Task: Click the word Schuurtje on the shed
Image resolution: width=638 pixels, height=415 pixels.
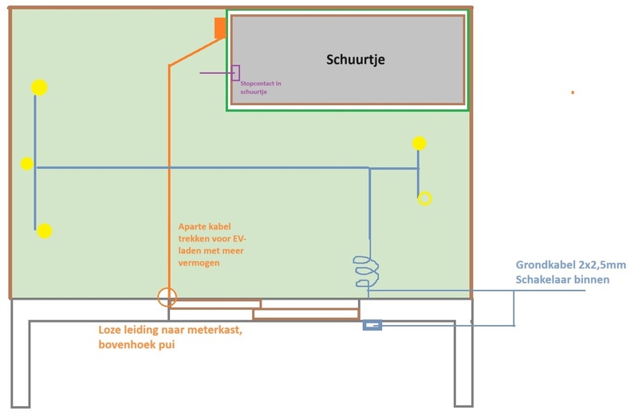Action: pyautogui.click(x=361, y=60)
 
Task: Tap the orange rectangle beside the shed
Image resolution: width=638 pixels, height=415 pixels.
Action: pyautogui.click(x=220, y=28)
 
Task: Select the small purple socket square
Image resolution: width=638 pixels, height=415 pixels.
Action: pyautogui.click(x=235, y=72)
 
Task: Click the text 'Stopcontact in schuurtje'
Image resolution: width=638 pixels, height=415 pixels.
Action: pyautogui.click(x=260, y=88)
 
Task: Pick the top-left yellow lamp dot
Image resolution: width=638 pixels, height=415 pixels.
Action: pyautogui.click(x=39, y=88)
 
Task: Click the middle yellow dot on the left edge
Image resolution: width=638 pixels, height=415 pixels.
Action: pyautogui.click(x=27, y=164)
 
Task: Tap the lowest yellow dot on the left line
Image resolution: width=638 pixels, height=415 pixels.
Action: pyautogui.click(x=45, y=231)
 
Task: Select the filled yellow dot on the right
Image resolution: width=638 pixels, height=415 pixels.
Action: pyautogui.click(x=419, y=143)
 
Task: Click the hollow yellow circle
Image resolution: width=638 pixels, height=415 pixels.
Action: pyautogui.click(x=425, y=198)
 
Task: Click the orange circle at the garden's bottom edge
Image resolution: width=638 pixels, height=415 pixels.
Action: pyautogui.click(x=167, y=297)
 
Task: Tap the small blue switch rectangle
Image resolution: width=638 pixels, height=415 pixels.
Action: pyautogui.click(x=372, y=325)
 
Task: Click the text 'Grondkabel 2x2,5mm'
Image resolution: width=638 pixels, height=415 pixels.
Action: pyautogui.click(x=570, y=265)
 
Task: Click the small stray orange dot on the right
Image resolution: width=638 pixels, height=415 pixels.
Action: pyautogui.click(x=573, y=92)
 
